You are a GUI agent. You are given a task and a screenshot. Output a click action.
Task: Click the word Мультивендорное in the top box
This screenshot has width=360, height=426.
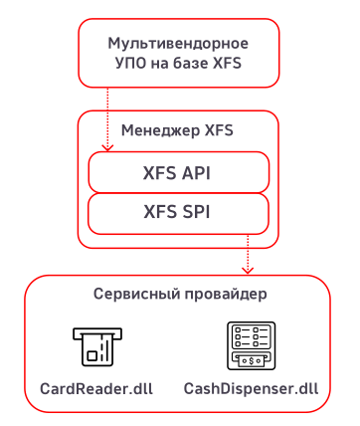click(177, 44)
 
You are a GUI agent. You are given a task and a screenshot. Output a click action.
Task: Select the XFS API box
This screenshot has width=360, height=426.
click(178, 172)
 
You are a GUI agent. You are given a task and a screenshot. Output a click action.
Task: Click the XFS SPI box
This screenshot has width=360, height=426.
click(178, 211)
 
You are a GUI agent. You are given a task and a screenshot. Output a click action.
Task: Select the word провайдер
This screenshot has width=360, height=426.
click(223, 296)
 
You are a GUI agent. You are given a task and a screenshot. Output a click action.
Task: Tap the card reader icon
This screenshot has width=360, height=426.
click(94, 344)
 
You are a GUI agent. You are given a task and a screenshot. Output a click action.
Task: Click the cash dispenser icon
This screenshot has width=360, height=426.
click(251, 344)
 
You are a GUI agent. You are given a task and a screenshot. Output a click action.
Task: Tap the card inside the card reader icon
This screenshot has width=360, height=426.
click(94, 350)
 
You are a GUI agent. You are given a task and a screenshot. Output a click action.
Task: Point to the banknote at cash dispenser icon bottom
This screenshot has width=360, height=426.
click(251, 359)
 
